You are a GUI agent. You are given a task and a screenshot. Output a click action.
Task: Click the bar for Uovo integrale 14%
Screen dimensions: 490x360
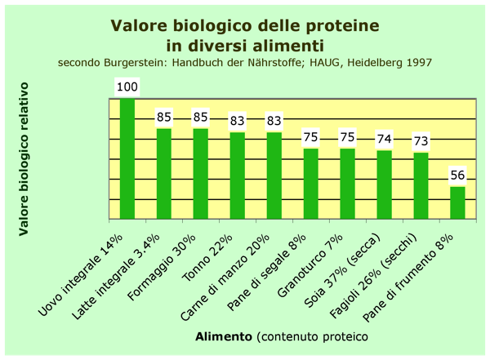pyautogui.click(x=127, y=158)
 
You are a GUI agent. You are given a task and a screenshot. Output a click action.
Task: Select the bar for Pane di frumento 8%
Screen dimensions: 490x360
pyautogui.click(x=457, y=202)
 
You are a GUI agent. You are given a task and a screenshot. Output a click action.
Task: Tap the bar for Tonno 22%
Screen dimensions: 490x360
pyautogui.click(x=238, y=176)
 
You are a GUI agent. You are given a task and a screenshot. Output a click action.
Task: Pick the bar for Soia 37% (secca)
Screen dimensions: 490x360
pyautogui.click(x=385, y=184)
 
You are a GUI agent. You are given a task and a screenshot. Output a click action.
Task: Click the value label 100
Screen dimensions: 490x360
pyautogui.click(x=127, y=87)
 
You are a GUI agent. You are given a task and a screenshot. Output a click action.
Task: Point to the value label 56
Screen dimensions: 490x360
pyautogui.click(x=457, y=176)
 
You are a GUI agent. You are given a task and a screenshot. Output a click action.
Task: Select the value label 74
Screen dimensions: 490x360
pyautogui.click(x=385, y=139)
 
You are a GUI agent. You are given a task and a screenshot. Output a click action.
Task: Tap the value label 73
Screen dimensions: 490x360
pyautogui.click(x=421, y=141)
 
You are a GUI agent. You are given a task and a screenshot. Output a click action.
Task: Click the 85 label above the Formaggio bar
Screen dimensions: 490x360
pyautogui.click(x=201, y=118)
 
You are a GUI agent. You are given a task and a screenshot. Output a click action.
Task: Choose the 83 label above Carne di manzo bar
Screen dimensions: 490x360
pyautogui.click(x=274, y=121)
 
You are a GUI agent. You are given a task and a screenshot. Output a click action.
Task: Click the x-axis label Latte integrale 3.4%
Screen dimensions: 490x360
pyautogui.click(x=116, y=277)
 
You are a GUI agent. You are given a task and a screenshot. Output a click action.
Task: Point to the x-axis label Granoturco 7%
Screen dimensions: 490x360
pyautogui.click(x=310, y=265)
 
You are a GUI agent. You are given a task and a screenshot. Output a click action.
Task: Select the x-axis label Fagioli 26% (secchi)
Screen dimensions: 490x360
pyautogui.click(x=373, y=276)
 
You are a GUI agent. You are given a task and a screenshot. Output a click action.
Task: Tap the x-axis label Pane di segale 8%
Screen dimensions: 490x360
pyautogui.click(x=266, y=273)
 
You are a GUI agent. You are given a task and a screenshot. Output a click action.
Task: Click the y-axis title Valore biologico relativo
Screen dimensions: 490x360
pyautogui.click(x=24, y=159)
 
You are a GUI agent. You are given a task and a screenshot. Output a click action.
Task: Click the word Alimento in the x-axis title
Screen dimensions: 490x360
pyautogui.click(x=224, y=337)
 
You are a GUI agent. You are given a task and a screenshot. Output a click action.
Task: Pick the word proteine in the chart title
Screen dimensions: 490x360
pyautogui.click(x=342, y=25)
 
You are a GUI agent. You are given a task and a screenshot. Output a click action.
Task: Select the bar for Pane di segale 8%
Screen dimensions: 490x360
pyautogui.click(x=311, y=184)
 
